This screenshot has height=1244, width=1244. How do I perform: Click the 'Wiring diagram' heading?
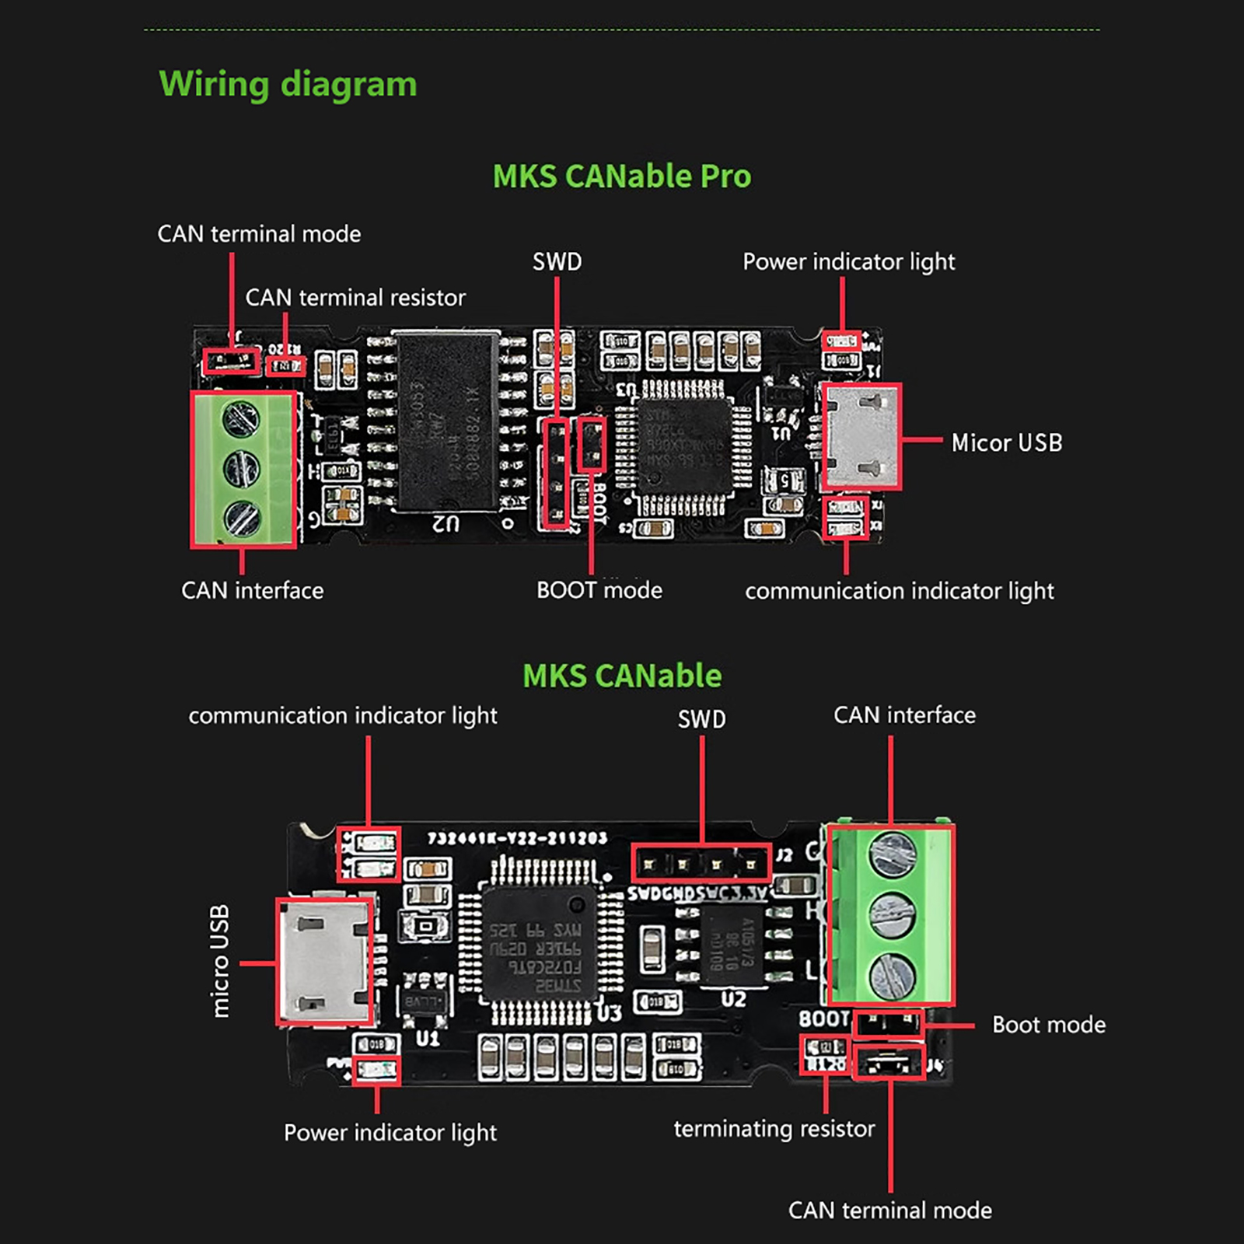pos(288,84)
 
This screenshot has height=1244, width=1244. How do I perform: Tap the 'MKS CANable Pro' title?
pos(622,176)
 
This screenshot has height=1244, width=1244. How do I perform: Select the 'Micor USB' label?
pos(1007,443)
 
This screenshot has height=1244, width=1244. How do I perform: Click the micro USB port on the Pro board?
pos(861,436)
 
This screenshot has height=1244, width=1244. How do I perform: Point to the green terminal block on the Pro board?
pos(243,469)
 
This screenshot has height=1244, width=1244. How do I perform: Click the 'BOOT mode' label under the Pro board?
pos(599,590)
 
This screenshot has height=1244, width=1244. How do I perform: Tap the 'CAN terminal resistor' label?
pos(355,298)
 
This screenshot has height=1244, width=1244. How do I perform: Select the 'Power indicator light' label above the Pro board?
pos(848,262)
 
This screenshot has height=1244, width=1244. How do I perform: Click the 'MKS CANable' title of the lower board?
pos(622,676)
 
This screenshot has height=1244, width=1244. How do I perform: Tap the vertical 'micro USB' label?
pos(221,961)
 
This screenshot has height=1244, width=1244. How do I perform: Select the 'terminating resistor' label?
pos(774,1128)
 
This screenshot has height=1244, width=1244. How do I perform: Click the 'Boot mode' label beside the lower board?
pos(1049,1025)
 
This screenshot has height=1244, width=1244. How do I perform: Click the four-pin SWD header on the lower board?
pos(701,863)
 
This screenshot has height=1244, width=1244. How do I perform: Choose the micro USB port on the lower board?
pos(325,962)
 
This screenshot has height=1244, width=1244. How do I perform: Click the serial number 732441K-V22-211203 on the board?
pos(517,838)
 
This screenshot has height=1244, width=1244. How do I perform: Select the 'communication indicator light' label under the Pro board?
pos(900,591)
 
